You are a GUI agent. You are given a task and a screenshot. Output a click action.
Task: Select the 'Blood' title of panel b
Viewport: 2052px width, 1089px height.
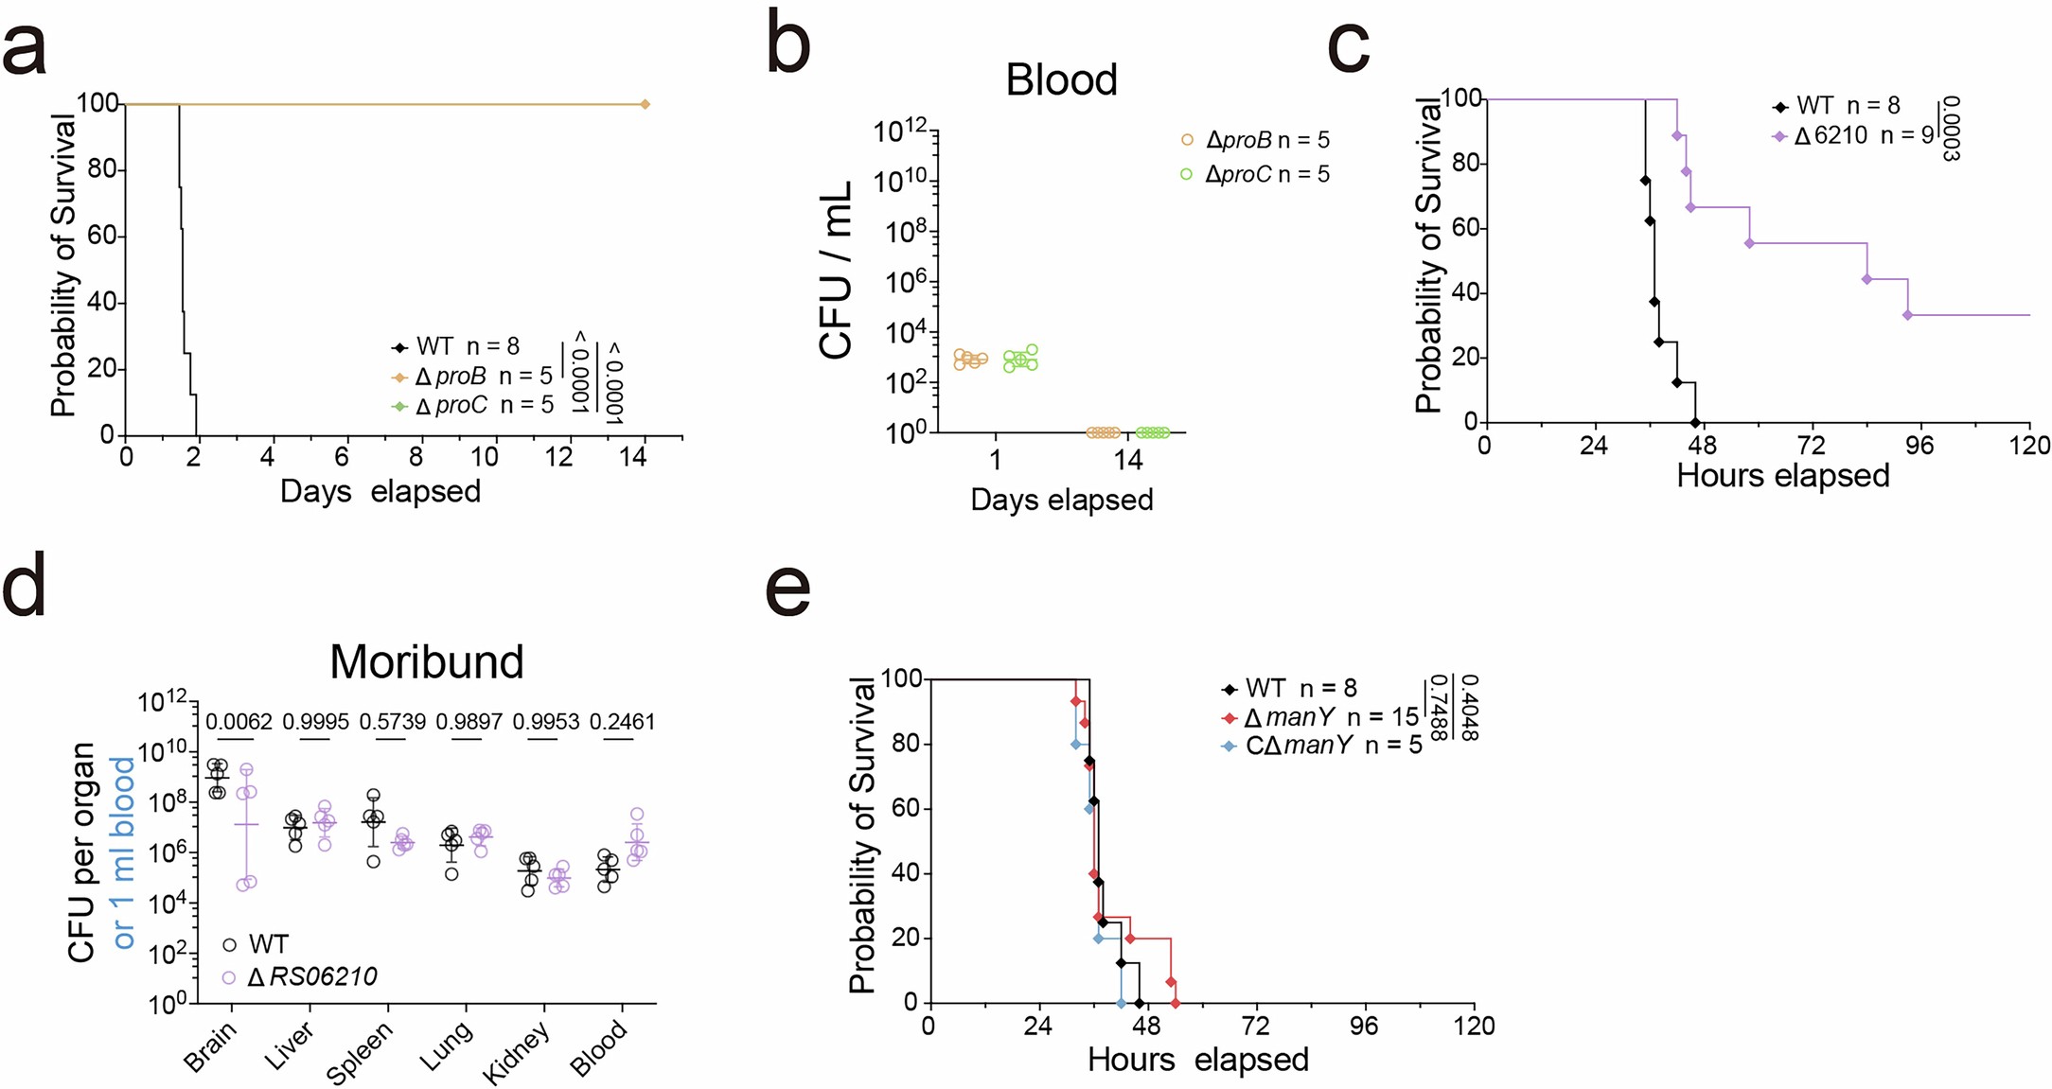[1061, 79]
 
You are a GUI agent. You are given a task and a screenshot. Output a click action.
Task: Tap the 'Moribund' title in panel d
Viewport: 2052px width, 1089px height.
[426, 661]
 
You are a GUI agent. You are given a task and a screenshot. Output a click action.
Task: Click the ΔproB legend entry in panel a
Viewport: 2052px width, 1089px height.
[471, 377]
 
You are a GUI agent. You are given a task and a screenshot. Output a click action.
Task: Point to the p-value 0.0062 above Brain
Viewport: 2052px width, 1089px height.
[239, 722]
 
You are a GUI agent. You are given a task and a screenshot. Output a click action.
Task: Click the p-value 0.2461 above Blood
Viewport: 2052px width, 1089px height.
[622, 722]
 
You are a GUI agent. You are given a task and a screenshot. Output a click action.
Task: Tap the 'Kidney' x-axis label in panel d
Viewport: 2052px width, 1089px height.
[516, 1053]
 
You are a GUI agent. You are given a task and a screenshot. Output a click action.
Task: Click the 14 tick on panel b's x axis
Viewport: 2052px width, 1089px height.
[1127, 461]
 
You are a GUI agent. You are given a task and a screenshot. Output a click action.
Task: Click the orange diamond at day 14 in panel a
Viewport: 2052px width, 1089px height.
[645, 104]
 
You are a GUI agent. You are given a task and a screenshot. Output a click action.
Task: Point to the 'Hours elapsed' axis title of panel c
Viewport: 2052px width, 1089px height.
[1782, 475]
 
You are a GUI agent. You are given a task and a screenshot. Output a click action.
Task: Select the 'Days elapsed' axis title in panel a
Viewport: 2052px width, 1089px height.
[380, 491]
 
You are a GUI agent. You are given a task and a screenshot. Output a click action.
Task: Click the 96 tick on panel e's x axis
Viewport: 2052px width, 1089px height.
[1364, 1026]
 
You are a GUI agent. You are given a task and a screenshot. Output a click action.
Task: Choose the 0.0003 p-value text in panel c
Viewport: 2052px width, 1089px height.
[1949, 128]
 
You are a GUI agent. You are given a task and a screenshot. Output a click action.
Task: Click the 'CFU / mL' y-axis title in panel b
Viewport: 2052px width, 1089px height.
[837, 271]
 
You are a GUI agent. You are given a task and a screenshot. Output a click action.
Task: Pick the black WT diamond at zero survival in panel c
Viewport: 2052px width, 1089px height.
[1694, 422]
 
